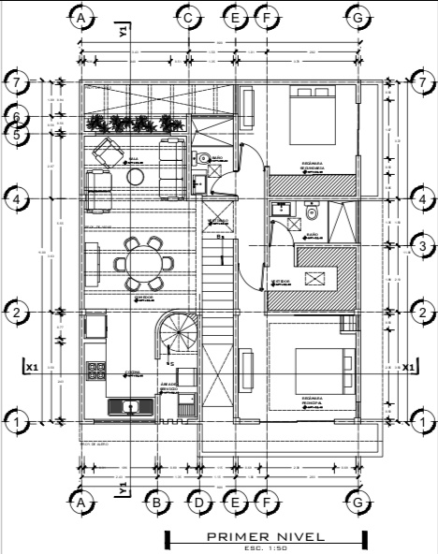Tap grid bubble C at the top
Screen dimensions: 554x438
pos(188,18)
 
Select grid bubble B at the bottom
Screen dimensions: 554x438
pos(157,503)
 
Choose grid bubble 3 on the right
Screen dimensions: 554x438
pos(423,246)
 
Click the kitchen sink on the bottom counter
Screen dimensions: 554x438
pos(129,405)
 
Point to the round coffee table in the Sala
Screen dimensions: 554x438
pos(136,175)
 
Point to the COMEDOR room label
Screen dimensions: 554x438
pos(143,297)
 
